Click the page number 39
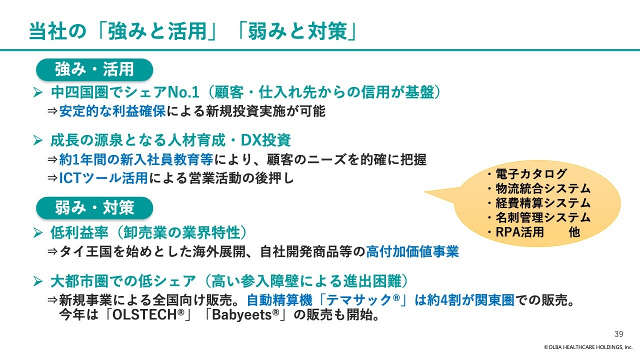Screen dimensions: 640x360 click(x=618, y=334)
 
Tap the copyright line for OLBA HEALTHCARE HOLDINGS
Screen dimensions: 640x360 click(x=588, y=347)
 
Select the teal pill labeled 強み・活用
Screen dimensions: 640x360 click(x=94, y=69)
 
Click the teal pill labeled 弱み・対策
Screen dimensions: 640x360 click(x=94, y=207)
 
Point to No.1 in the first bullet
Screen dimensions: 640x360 click(x=183, y=92)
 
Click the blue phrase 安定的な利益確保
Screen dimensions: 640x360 click(x=112, y=111)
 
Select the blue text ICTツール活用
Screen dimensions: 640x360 click(x=103, y=178)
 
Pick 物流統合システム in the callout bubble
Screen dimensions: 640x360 click(x=543, y=188)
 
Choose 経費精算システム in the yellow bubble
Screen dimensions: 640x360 click(x=543, y=203)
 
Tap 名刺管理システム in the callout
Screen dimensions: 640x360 click(x=543, y=217)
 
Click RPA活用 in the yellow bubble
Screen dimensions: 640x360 click(x=519, y=232)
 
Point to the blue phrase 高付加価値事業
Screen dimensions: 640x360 click(x=412, y=251)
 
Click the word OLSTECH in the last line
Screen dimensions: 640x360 click(x=145, y=315)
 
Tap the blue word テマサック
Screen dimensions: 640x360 click(x=358, y=300)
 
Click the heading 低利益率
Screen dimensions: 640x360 click(x=79, y=233)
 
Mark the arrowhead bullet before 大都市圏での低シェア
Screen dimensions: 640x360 click(x=37, y=281)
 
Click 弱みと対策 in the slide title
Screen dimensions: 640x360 click(x=297, y=31)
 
